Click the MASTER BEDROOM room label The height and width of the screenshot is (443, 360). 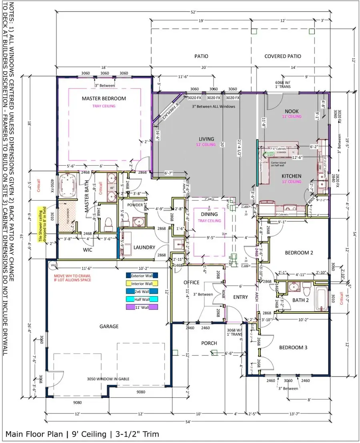[104, 98]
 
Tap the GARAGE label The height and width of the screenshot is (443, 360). [109, 327]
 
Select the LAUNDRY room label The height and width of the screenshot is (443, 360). [144, 248]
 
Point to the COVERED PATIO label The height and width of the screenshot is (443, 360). [283, 56]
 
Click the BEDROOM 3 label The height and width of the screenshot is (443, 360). [293, 347]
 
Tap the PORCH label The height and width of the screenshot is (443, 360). [209, 343]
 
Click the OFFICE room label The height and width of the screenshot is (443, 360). [191, 283]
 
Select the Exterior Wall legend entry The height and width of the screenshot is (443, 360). [142, 275]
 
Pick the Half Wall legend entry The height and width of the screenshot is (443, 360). [142, 299]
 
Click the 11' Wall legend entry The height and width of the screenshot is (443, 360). [142, 307]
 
